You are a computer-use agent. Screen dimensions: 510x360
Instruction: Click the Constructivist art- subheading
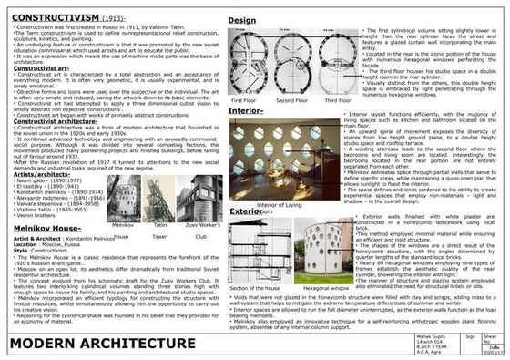[x=37, y=68]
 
